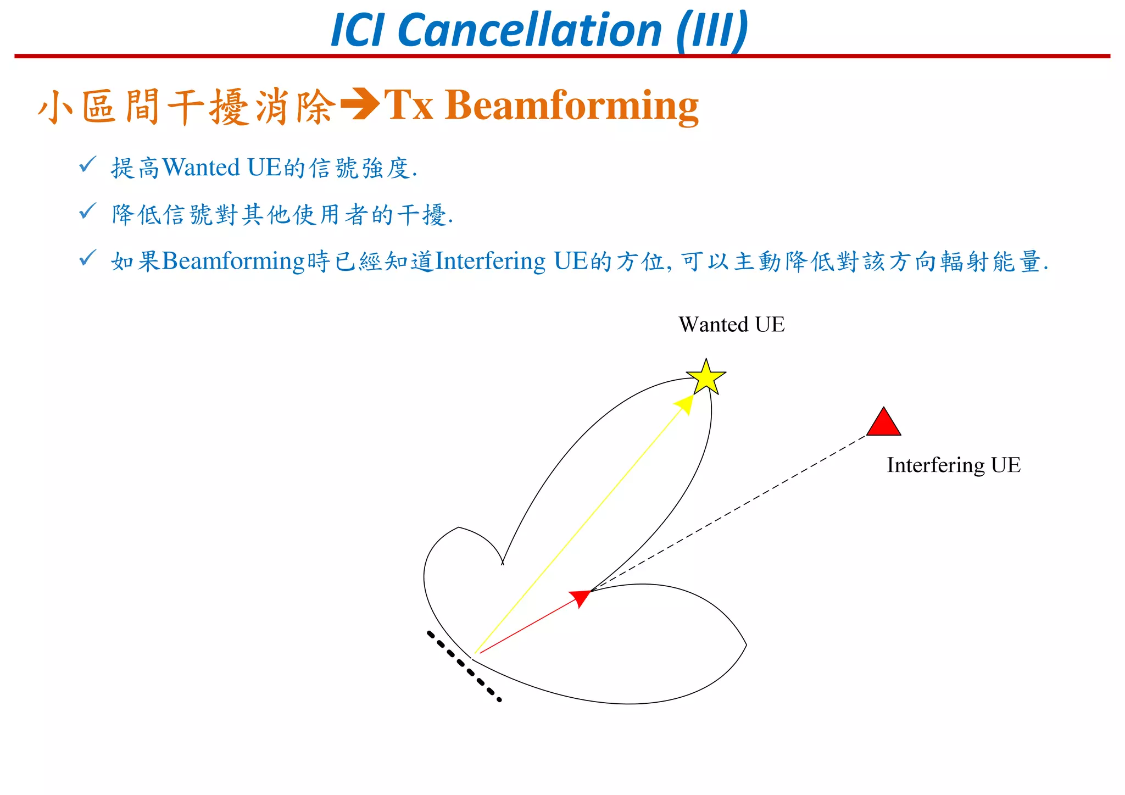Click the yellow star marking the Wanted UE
(706, 378)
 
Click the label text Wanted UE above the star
(731, 325)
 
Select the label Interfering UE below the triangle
(953, 465)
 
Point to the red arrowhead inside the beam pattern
(581, 597)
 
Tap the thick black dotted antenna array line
(464, 666)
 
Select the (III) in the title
(712, 30)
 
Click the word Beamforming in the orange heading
(571, 105)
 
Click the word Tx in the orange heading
(408, 105)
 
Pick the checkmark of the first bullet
(87, 164)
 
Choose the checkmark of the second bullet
(87, 210)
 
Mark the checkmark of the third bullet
(87, 257)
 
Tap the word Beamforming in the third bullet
(233, 261)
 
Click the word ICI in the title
(357, 30)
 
